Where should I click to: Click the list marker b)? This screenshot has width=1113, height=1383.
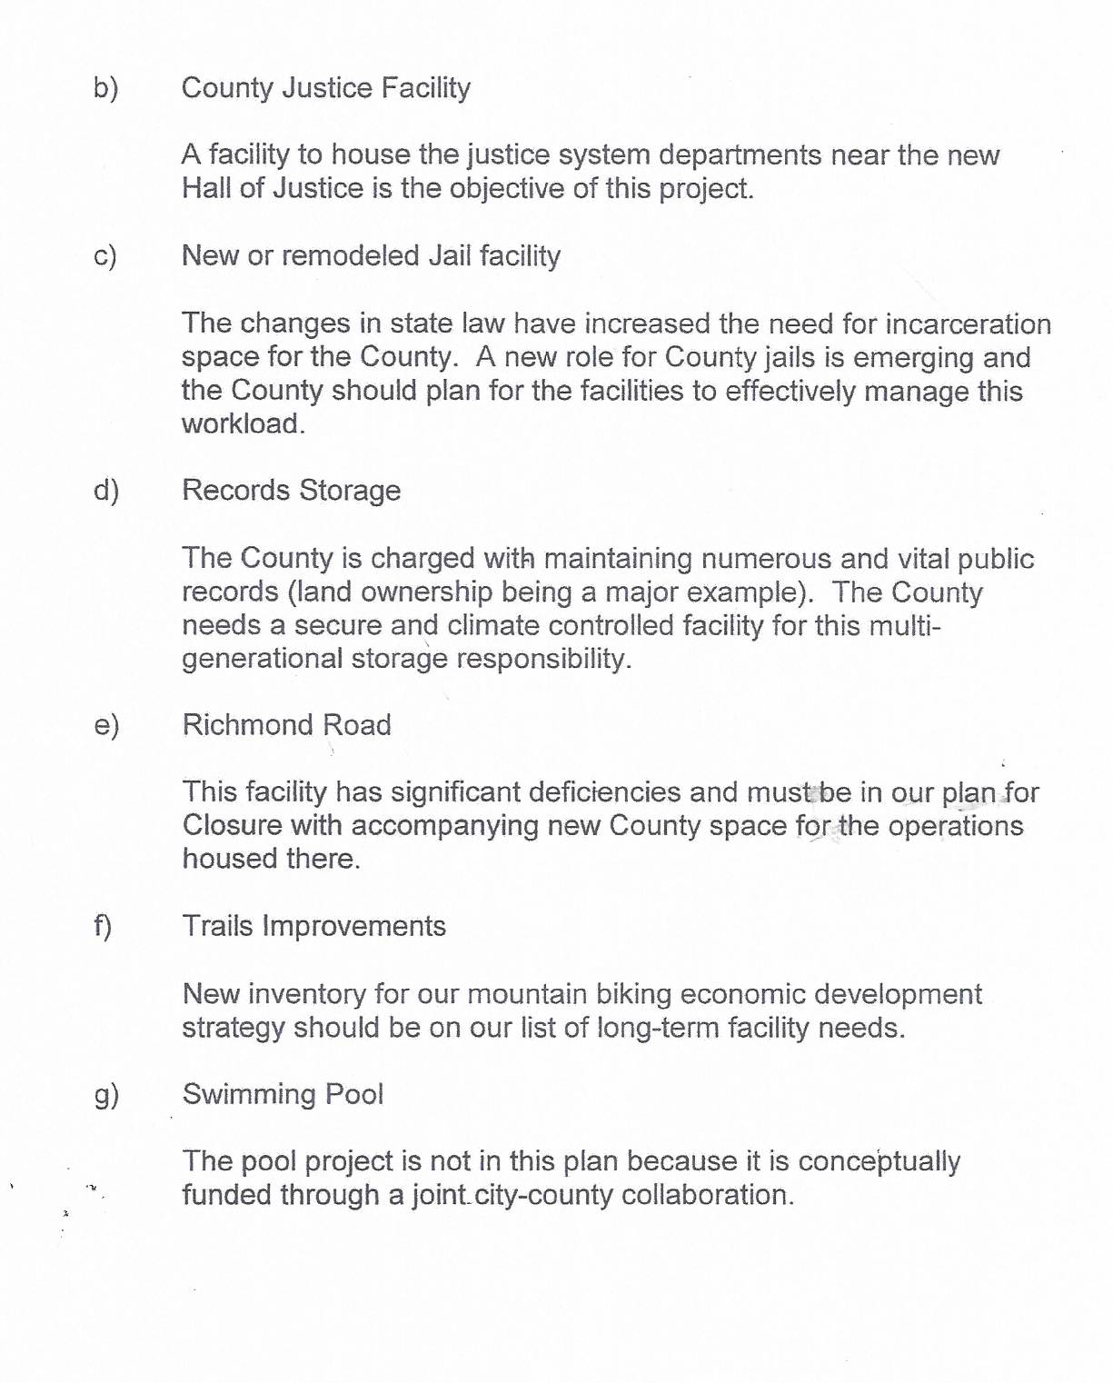[105, 88]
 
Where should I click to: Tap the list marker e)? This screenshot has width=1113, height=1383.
[106, 725]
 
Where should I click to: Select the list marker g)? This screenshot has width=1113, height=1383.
[106, 1095]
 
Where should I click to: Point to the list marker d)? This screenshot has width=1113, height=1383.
[106, 491]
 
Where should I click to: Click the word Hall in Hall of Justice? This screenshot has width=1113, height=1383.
[206, 188]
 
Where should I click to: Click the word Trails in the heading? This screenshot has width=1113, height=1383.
[217, 926]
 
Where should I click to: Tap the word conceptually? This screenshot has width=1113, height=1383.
[879, 1162]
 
